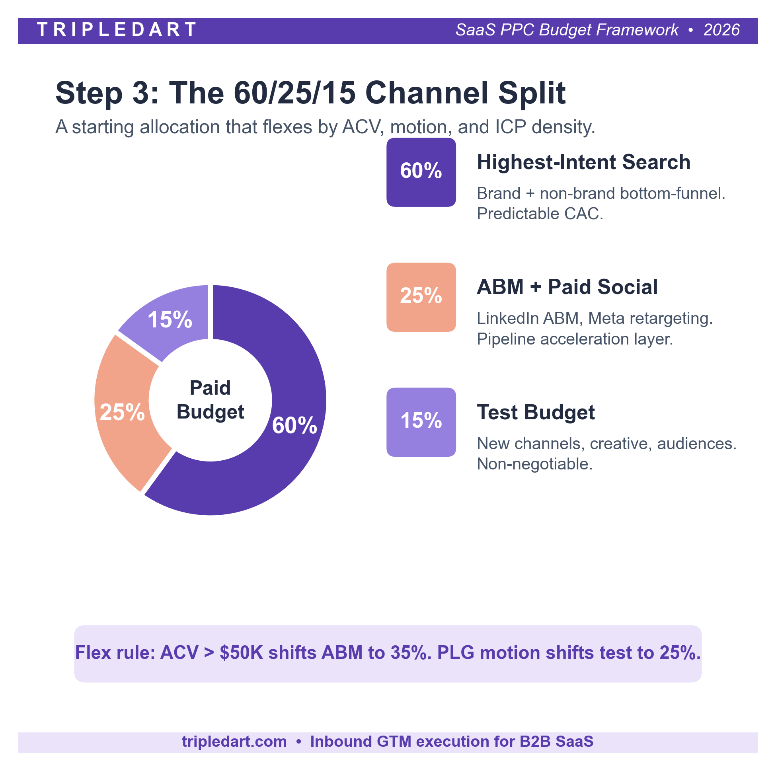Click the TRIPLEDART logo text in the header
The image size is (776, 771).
117,30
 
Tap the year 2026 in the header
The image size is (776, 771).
721,30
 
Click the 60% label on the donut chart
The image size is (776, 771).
294,425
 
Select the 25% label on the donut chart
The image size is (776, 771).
122,412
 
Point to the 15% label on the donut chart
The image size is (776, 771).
170,319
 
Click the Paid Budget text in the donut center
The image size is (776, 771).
210,400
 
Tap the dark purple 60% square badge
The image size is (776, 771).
421,172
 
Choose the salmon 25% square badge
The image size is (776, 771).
421,297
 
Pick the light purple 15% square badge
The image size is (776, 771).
421,422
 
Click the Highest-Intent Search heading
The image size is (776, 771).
583,162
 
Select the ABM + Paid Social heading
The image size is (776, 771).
567,287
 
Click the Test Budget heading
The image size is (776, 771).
536,413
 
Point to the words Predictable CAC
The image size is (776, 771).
540,214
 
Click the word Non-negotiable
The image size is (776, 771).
534,464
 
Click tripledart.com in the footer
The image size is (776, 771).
234,742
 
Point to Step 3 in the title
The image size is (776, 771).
107,93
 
